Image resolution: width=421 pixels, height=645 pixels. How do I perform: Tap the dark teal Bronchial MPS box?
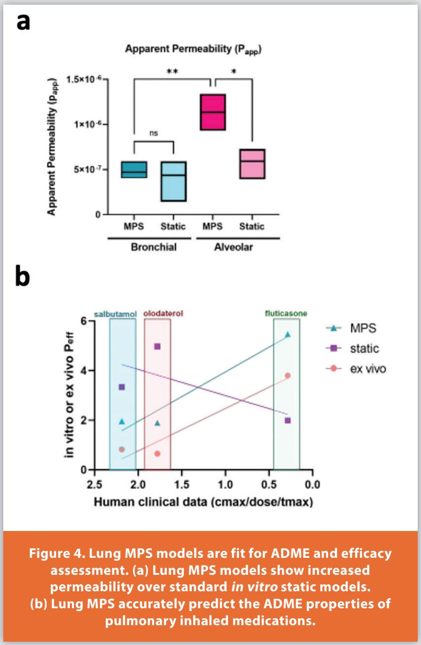(x=133, y=170)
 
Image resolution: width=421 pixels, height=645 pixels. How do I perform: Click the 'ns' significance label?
(x=154, y=133)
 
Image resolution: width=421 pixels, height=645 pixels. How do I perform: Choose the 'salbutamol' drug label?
(x=122, y=313)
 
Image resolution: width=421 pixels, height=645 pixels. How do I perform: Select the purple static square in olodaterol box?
(x=157, y=346)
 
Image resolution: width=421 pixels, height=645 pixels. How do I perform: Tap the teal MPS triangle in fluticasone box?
(x=288, y=335)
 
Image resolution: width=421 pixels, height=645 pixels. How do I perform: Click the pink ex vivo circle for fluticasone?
(x=288, y=376)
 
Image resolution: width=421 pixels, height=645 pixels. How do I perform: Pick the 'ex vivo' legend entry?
(x=361, y=369)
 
